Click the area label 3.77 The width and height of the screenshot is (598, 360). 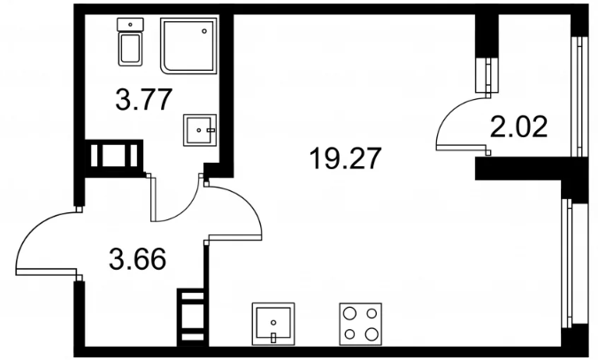click(x=144, y=100)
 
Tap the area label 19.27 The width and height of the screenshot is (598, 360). click(x=346, y=158)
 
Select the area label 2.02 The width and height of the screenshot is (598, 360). click(x=518, y=126)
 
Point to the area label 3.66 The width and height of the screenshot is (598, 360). click(x=137, y=259)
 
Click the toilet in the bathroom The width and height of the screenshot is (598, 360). click(x=130, y=42)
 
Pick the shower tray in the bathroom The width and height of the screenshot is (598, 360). click(x=188, y=45)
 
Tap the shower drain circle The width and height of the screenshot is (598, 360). click(x=204, y=31)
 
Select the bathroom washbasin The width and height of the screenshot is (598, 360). click(x=200, y=130)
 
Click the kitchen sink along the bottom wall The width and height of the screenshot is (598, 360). click(x=273, y=324)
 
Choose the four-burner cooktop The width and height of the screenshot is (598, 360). click(x=360, y=324)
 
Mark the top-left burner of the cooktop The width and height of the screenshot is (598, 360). click(x=349, y=313)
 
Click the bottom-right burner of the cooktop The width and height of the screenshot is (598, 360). click(x=371, y=334)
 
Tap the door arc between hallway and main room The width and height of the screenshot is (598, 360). click(x=248, y=203)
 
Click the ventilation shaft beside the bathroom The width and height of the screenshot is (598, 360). click(x=114, y=156)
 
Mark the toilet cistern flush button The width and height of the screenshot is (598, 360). click(x=130, y=25)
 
